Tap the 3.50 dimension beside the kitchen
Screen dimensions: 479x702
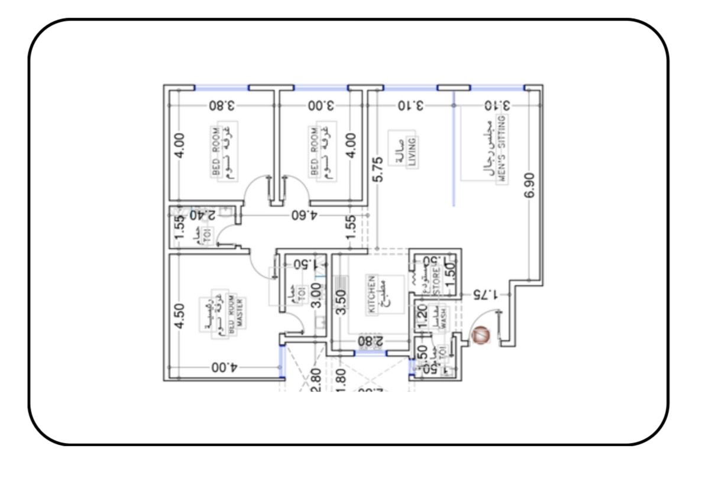[x=341, y=302]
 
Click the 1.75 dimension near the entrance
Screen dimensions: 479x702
[x=486, y=294]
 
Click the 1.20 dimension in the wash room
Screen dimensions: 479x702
[x=422, y=317]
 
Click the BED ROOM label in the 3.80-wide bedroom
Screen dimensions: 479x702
[x=216, y=151]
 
